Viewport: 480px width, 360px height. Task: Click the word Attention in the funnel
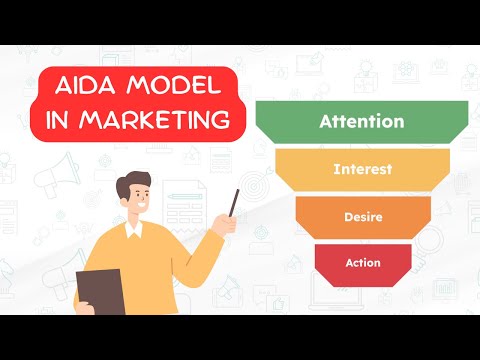click(x=361, y=122)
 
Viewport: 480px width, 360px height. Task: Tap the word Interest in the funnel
click(x=362, y=169)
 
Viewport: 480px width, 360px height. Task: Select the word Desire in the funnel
click(x=362, y=215)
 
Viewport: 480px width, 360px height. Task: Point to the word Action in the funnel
click(x=362, y=262)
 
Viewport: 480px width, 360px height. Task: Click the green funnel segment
click(x=300, y=122)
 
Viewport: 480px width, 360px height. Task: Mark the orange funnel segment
click(x=320, y=215)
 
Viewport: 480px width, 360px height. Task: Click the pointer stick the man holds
click(x=233, y=202)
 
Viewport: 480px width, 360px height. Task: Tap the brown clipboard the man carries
click(x=101, y=290)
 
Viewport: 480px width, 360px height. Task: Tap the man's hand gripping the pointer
click(x=223, y=224)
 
